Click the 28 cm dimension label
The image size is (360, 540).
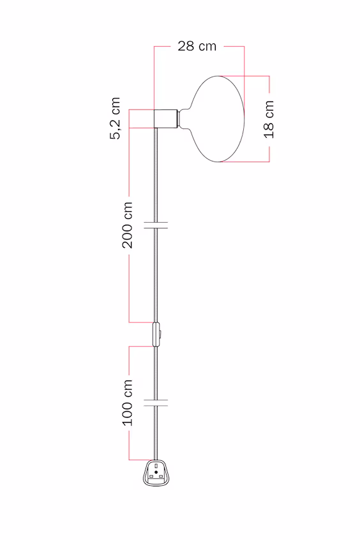tap(197, 46)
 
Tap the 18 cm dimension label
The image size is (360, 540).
tap(269, 119)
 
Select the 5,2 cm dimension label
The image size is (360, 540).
tap(116, 118)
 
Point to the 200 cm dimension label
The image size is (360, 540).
tap(127, 225)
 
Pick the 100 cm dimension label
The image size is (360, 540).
tap(127, 403)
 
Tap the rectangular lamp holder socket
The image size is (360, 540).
tap(166, 119)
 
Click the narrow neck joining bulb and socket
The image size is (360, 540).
tap(183, 119)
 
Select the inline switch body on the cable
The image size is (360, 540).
tap(156, 334)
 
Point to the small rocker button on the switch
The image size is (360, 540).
tap(160, 334)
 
